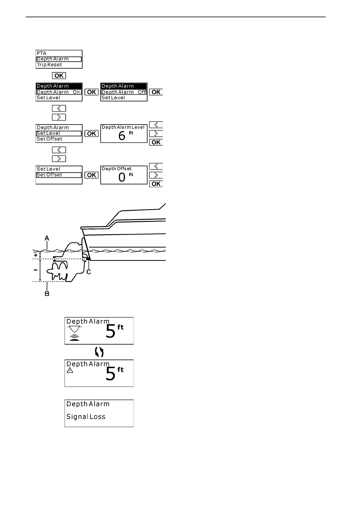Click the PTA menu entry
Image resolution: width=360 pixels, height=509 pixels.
click(x=41, y=53)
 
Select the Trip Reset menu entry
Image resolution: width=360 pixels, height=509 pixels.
click(x=49, y=65)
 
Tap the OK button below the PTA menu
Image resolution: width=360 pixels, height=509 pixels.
click(x=59, y=76)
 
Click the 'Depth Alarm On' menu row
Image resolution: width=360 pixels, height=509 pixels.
click(x=59, y=92)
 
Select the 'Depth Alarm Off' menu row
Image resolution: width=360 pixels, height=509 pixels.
click(x=124, y=92)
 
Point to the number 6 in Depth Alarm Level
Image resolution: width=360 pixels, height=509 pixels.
click(x=122, y=136)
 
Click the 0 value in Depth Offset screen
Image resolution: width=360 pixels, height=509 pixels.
click(x=122, y=177)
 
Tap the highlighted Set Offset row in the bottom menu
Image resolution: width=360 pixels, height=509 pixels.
click(x=59, y=175)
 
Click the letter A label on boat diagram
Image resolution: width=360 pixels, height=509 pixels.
click(x=47, y=238)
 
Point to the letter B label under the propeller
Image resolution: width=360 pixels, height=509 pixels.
click(x=47, y=293)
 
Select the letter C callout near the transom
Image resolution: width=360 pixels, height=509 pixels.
click(x=89, y=272)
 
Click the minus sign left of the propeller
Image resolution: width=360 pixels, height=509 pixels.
click(x=36, y=270)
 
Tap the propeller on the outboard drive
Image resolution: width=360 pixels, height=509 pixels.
click(x=59, y=270)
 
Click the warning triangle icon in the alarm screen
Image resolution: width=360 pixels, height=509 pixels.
click(x=70, y=371)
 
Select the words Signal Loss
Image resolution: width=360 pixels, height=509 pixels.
click(x=86, y=417)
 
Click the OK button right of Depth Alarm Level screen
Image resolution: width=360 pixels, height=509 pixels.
click(x=156, y=142)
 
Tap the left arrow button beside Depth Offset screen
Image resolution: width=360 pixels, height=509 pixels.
click(x=156, y=166)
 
